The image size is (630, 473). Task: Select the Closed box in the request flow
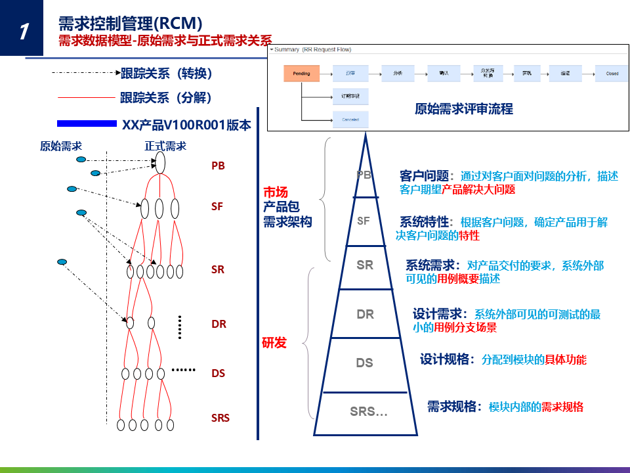tap(612, 74)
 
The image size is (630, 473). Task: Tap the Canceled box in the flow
tap(350, 120)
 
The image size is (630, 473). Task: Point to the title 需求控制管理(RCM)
tap(130, 24)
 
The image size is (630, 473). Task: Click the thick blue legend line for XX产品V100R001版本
tap(87, 124)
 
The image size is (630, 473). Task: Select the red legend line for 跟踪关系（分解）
tap(86, 98)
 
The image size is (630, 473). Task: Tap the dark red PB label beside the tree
tap(218, 166)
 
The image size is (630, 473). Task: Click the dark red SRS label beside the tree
tap(220, 417)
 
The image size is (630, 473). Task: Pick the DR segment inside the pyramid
tap(366, 314)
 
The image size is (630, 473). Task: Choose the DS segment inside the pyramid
tap(364, 363)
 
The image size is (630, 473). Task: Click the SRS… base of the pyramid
tap(368, 412)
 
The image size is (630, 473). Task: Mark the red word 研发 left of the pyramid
tap(274, 342)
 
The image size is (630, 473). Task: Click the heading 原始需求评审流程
tap(464, 109)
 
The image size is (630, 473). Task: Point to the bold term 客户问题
tap(424, 176)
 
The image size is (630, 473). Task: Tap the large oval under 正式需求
tap(160, 162)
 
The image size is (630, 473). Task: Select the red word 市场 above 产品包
tap(276, 192)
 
